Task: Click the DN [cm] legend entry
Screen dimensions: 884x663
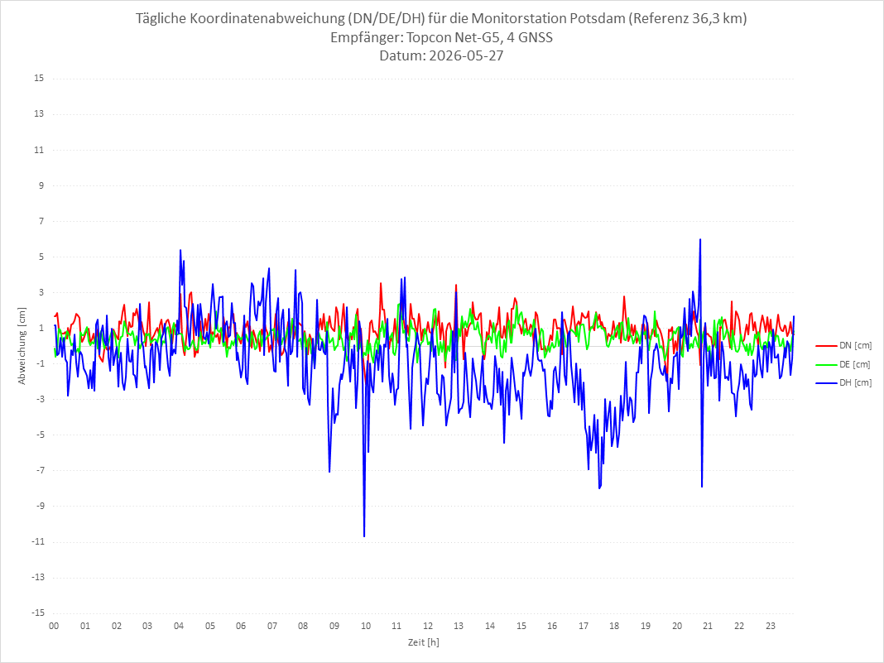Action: (843, 346)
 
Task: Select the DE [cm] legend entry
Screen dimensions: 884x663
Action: (843, 364)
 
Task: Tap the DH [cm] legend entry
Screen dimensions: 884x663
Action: (843, 382)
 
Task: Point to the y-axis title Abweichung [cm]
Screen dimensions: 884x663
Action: (22, 346)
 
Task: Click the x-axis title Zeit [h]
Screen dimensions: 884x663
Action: (424, 642)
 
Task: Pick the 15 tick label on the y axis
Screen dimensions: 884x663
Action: (39, 79)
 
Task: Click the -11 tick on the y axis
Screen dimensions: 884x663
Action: (37, 542)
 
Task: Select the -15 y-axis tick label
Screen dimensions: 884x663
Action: (37, 613)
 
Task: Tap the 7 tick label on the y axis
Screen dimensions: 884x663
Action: (41, 221)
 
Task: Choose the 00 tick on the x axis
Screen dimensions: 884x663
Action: (54, 626)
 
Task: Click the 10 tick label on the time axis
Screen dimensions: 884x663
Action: (366, 626)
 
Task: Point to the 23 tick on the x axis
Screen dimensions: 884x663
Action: (771, 626)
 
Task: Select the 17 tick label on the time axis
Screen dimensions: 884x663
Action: (584, 626)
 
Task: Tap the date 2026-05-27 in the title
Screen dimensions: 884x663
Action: (466, 55)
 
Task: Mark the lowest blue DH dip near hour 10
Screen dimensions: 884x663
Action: (364, 536)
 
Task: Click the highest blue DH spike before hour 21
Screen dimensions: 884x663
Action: (700, 239)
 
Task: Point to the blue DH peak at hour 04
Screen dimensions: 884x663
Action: (180, 250)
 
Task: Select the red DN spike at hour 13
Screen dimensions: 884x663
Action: (455, 285)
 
